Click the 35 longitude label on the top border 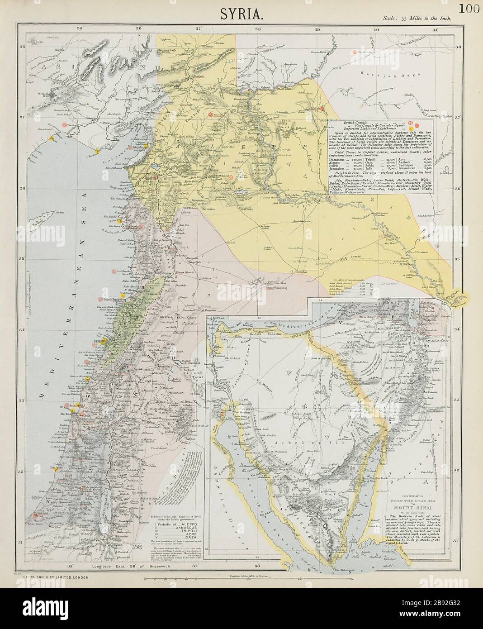click(80, 29)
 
